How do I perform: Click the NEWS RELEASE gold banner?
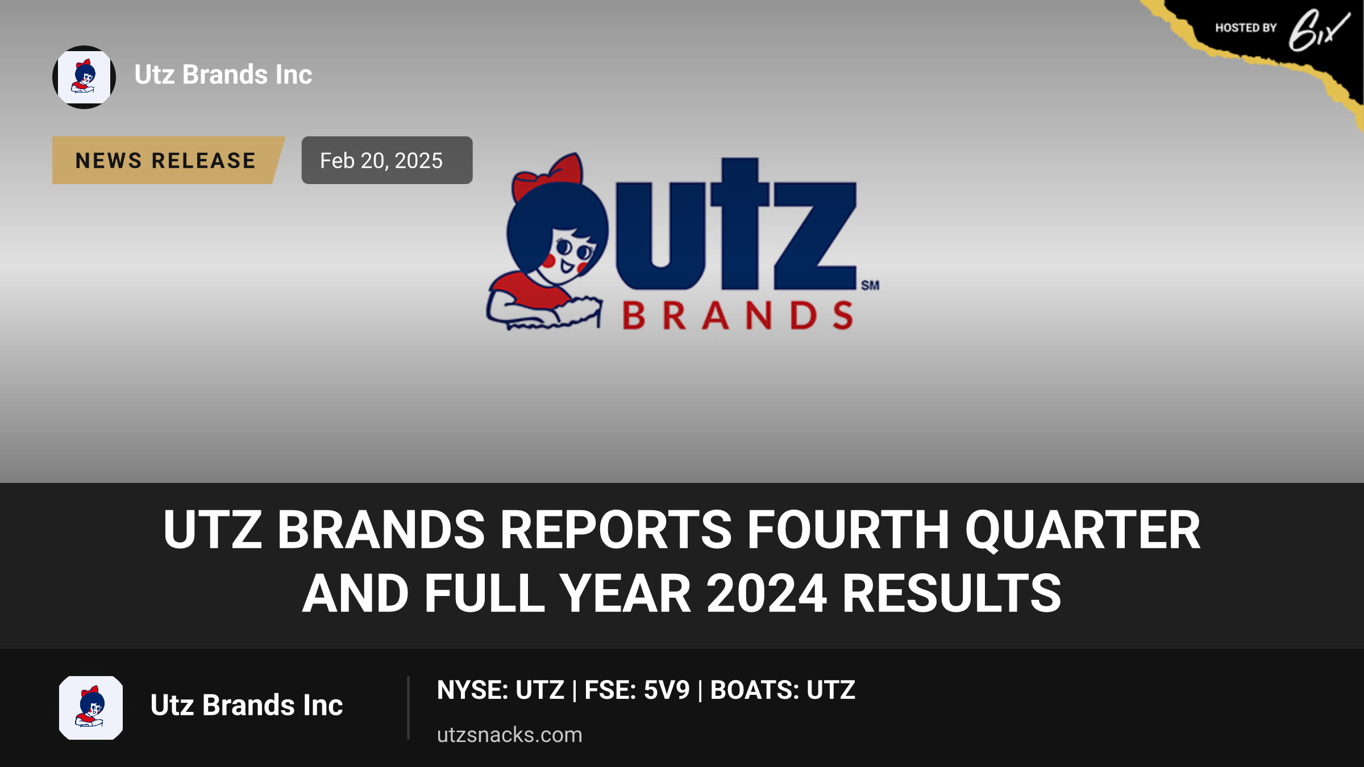[168, 160]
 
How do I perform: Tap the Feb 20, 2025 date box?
[387, 160]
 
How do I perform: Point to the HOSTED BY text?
[1246, 28]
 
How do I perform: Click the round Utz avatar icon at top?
[84, 77]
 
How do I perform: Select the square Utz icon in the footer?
[91, 708]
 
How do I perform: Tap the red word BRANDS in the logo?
[738, 315]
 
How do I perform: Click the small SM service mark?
[870, 285]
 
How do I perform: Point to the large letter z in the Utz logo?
[815, 236]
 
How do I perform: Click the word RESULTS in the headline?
[951, 594]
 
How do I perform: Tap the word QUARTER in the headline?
[1083, 530]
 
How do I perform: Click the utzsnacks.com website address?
[510, 735]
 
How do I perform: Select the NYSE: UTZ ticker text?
[501, 690]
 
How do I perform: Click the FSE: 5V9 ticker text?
[637, 690]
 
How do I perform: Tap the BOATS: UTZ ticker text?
[783, 690]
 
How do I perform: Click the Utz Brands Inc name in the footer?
[247, 706]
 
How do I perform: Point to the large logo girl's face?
[568, 256]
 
